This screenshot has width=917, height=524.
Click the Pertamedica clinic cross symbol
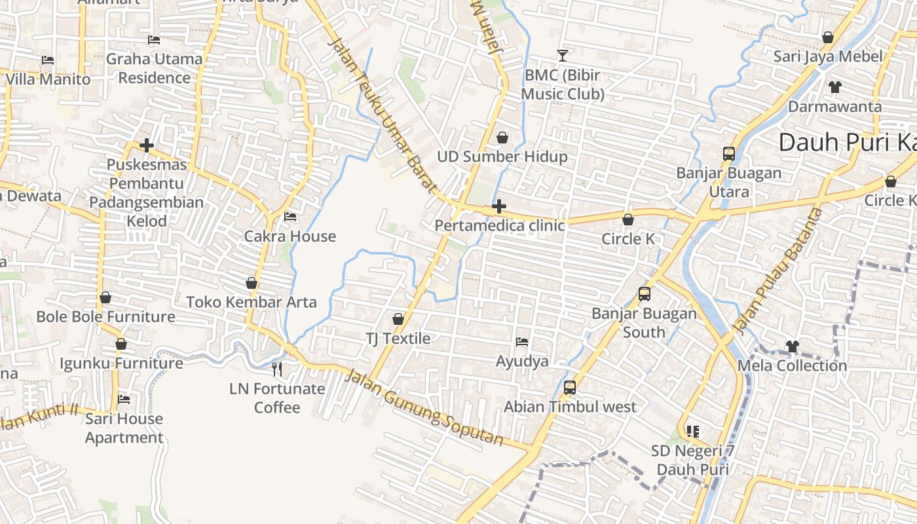tap(499, 207)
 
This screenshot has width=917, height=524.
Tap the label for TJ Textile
tap(398, 339)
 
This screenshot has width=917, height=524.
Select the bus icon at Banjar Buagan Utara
tap(729, 154)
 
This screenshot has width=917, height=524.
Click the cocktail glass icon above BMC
tap(562, 56)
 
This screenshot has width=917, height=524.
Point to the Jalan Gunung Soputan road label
tap(424, 407)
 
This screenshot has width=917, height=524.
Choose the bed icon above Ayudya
tap(522, 342)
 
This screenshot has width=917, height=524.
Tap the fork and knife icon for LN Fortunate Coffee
tap(277, 369)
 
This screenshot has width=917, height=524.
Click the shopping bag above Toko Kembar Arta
tap(252, 283)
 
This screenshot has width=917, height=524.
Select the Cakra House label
tap(290, 236)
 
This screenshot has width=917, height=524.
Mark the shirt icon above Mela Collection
tap(793, 346)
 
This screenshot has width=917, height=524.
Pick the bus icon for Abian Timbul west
tap(570, 388)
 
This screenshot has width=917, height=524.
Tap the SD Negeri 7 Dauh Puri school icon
tap(693, 432)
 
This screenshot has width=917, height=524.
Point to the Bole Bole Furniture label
tap(105, 317)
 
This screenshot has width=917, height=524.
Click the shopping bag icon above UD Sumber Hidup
tap(502, 138)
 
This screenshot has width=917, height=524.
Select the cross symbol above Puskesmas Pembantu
tap(147, 145)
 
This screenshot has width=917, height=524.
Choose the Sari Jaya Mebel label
tap(828, 56)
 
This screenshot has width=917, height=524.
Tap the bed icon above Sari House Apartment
tap(124, 400)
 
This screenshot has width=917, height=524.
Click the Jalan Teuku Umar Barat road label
tap(383, 115)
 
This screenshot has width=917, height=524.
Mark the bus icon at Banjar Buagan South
tap(645, 294)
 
